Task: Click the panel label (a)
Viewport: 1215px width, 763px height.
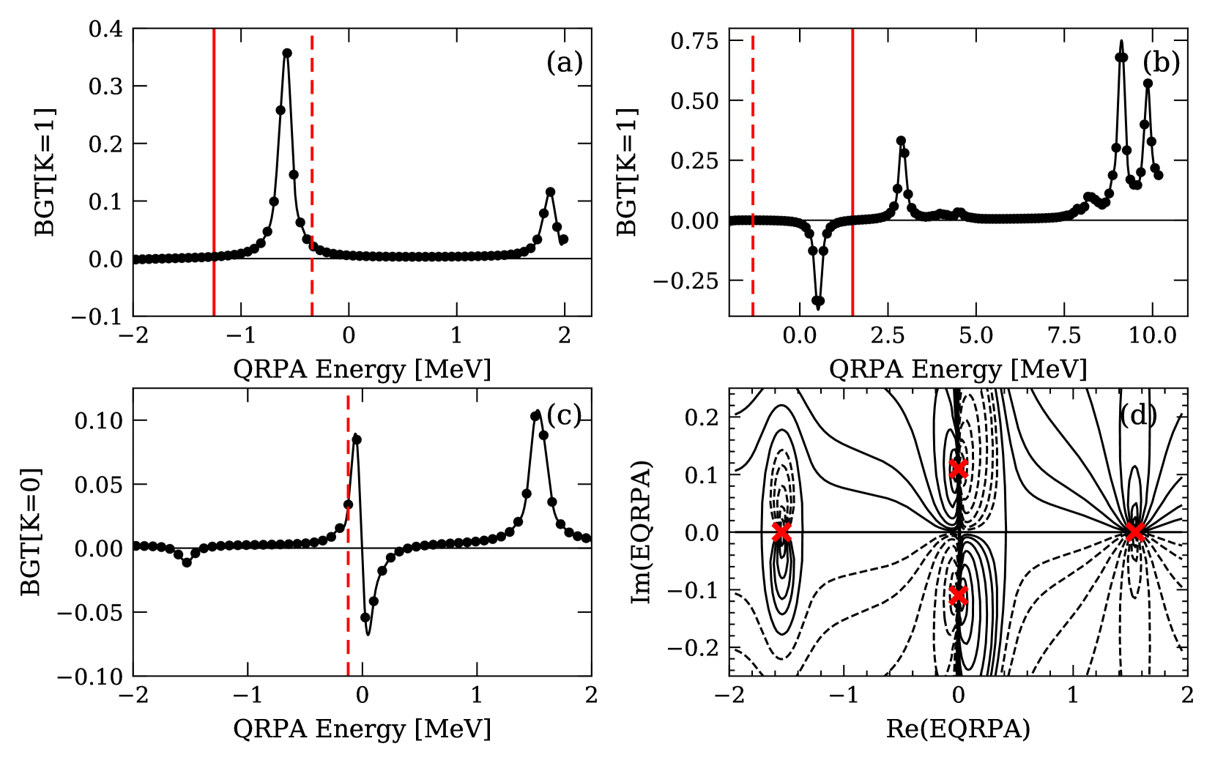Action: [x=564, y=63]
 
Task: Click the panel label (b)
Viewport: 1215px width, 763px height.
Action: [x=1161, y=63]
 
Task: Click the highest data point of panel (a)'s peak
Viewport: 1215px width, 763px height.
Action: [x=287, y=53]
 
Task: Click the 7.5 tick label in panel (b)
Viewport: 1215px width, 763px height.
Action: [x=1064, y=336]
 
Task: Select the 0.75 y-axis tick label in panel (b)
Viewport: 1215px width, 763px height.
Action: [x=694, y=41]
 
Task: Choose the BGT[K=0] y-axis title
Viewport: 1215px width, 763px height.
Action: [x=31, y=532]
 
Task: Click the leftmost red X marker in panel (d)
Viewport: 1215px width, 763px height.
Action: [x=782, y=532]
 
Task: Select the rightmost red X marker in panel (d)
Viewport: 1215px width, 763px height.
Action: [x=1134, y=532]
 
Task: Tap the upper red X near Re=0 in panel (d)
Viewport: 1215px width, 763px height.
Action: [x=958, y=468]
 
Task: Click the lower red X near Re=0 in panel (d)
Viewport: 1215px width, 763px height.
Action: [x=958, y=596]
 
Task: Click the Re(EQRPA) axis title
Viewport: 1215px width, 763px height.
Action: [x=958, y=729]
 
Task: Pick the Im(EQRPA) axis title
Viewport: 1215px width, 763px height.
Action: [x=642, y=532]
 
